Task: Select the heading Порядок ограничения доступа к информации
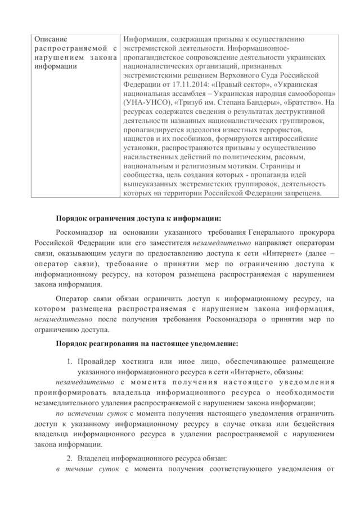(139, 219)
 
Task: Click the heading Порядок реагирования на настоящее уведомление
(147, 343)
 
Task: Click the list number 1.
(70, 361)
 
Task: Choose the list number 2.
(70, 459)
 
